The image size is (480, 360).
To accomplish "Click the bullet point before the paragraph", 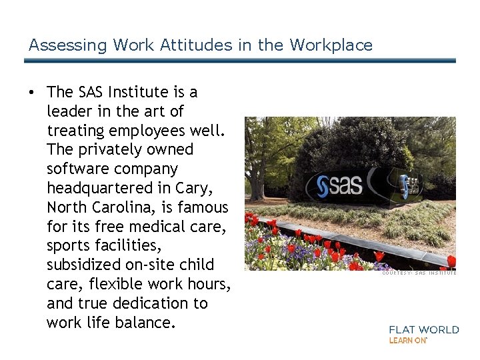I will pos(32,91).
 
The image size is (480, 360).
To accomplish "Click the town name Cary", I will pos(194,188).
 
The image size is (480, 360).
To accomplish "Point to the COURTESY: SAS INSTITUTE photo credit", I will pos(419,273).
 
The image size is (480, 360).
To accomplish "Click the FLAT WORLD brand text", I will pos(424,329).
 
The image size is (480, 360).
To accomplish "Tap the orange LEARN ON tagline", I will pos(408,340).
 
